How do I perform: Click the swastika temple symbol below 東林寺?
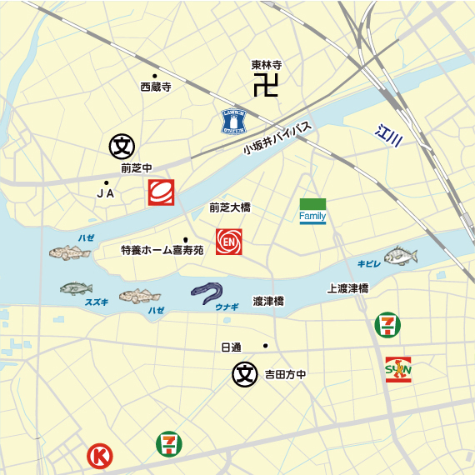266,85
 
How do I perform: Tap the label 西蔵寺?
155,87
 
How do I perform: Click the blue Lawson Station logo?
233,122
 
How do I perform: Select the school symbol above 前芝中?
122,147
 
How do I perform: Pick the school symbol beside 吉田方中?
245,374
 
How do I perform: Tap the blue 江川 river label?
388,134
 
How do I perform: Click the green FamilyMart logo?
312,212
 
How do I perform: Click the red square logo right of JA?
160,192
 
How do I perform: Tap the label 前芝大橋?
230,208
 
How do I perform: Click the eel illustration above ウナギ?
207,292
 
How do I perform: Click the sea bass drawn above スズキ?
76,288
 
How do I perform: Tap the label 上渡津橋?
347,288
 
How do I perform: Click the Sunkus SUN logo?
398,368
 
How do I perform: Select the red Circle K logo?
100,456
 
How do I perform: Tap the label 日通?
230,346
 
